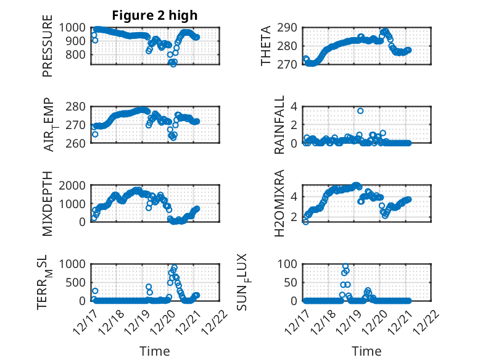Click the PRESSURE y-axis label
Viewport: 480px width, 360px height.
(48, 50)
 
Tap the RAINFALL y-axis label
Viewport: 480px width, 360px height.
(278, 125)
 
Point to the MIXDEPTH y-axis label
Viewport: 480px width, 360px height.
(48, 203)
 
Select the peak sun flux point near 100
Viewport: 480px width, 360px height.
(345, 267)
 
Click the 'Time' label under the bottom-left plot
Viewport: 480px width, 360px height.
(155, 351)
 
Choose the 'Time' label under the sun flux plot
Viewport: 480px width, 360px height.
(366, 351)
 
